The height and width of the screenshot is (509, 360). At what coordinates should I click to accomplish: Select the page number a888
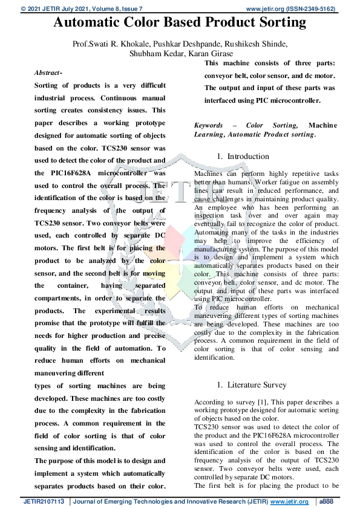point(329,502)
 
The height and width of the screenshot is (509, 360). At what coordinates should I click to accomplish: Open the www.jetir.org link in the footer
point(289,502)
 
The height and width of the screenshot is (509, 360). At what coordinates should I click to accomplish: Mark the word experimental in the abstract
point(125,311)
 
